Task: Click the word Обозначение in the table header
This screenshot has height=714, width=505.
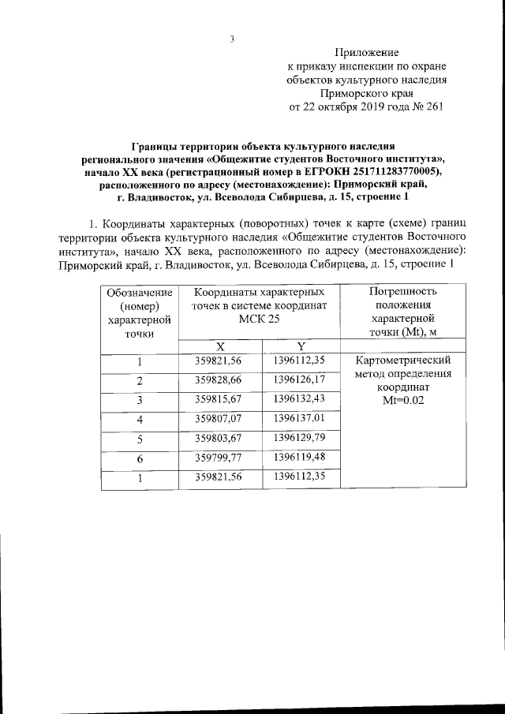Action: pos(140,292)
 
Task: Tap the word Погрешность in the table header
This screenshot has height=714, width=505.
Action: pos(402,292)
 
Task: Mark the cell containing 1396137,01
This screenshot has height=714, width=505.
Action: pos(300,418)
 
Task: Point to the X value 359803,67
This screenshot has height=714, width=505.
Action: pos(222,437)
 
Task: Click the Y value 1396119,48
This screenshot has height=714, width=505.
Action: pos(300,457)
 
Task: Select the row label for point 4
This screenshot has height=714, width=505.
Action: pos(139,420)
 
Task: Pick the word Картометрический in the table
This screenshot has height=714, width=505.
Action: pos(403,361)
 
